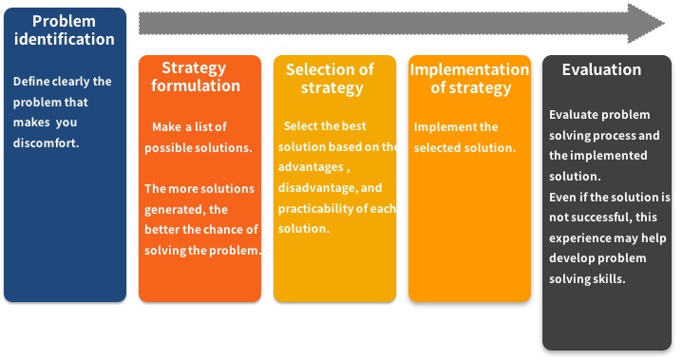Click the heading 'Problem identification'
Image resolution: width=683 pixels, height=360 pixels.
tap(65, 30)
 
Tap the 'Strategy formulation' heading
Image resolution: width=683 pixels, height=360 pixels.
tap(196, 77)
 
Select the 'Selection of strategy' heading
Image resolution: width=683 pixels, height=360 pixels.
tap(331, 78)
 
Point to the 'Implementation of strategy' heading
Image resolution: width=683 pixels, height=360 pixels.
tap(469, 78)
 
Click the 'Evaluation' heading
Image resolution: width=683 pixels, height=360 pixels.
tap(601, 69)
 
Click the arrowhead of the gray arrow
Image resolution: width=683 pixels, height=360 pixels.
tap(646, 23)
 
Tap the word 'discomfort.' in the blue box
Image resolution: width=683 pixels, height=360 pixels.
tap(47, 142)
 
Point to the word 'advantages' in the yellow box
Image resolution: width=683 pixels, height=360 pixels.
tap(311, 167)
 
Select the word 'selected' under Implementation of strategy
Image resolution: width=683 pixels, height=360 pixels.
tap(437, 147)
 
